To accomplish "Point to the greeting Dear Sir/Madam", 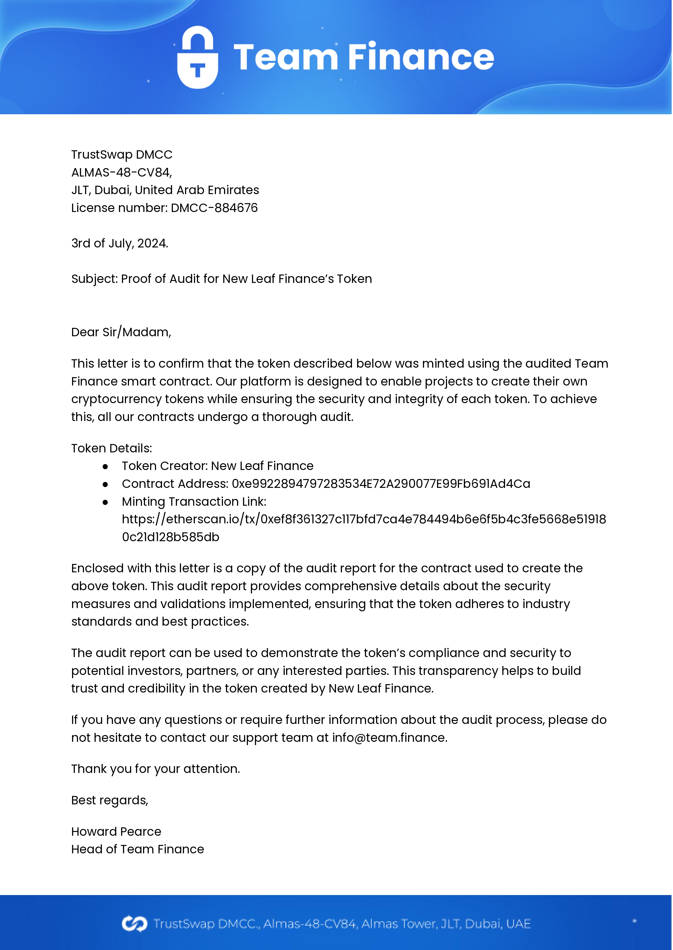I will (121, 332).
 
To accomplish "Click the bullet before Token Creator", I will (105, 467).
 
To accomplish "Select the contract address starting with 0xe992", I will (380, 484).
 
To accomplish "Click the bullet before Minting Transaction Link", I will (105, 502).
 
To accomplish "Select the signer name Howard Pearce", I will (116, 832).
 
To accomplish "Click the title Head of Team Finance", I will (138, 849).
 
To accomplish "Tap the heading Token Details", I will (111, 449).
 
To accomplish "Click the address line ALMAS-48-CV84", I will (121, 172).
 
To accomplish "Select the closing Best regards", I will (109, 801).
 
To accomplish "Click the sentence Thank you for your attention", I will (156, 769).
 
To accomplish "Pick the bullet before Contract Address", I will (105, 485).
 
